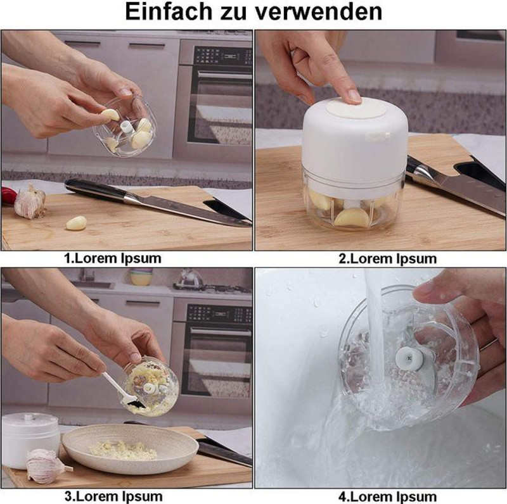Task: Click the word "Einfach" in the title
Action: click(169, 11)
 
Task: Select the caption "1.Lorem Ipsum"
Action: click(113, 258)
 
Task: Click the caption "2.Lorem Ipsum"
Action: click(387, 259)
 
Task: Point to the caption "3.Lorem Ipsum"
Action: click(113, 496)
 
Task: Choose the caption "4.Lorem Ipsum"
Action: click(387, 496)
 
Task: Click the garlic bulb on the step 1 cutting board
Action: click(30, 201)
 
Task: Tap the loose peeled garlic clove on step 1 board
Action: click(76, 223)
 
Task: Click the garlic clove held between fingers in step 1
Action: click(110, 115)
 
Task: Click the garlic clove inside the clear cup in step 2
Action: click(351, 217)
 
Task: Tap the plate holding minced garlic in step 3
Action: click(130, 448)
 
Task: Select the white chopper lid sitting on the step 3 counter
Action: click(30, 439)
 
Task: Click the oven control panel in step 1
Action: click(223, 56)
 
